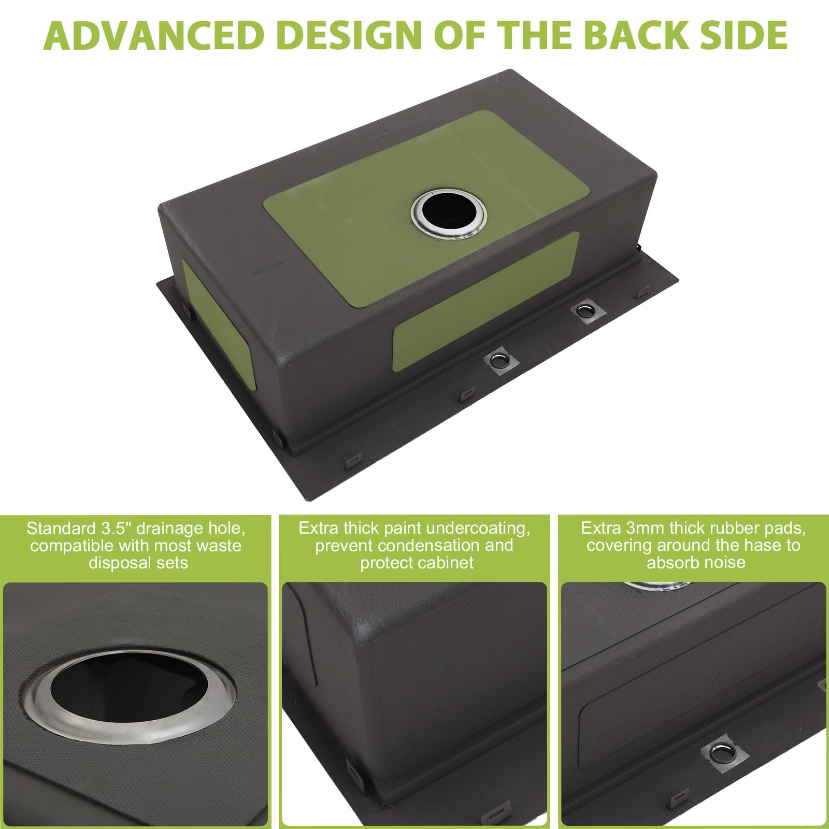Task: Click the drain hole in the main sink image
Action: (449, 212)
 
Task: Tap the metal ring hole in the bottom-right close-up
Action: (721, 749)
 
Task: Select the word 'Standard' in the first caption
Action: (61, 528)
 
